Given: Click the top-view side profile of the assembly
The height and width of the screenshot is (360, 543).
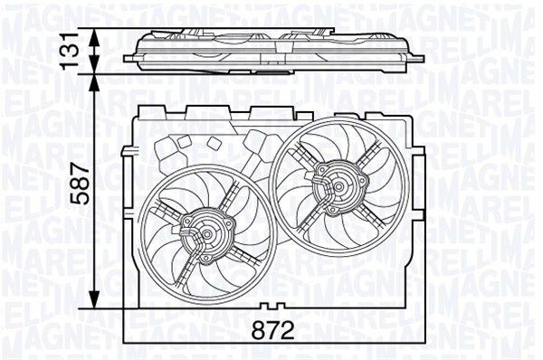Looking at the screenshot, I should [271, 47].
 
